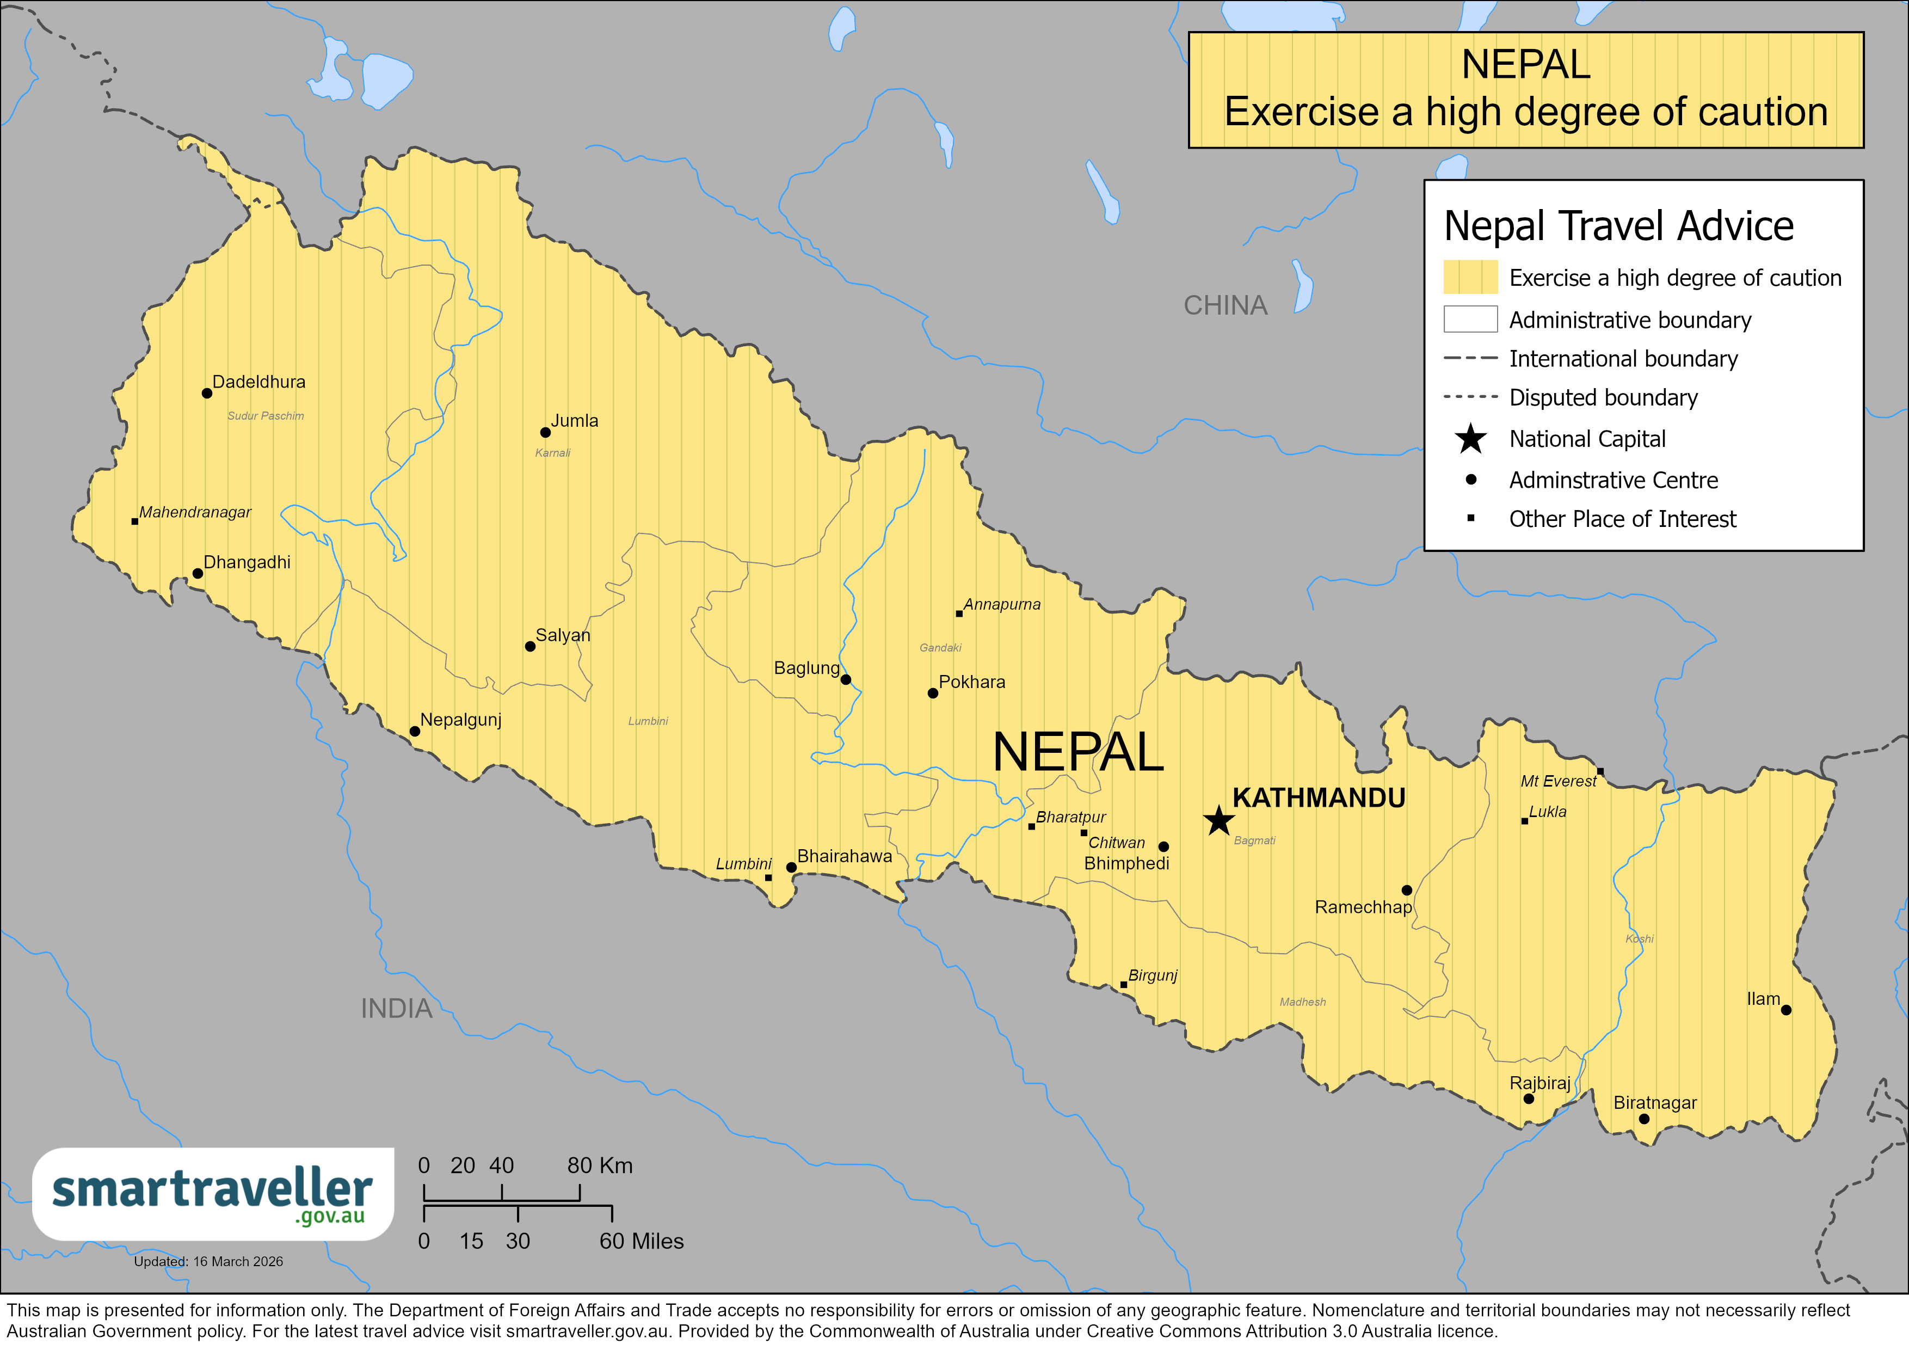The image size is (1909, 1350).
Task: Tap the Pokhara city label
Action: point(971,682)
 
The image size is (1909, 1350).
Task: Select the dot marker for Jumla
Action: point(545,433)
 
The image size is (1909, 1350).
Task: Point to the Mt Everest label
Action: point(1557,781)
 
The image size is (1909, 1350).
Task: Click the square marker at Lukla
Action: point(1524,821)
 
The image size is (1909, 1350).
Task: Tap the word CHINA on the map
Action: point(1225,305)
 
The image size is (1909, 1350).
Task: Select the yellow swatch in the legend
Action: point(1469,277)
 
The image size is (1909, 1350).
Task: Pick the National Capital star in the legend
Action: point(1470,438)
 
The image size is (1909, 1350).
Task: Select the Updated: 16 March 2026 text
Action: point(208,1261)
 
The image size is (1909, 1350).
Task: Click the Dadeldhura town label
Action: point(258,382)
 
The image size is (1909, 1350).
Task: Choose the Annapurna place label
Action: point(1001,605)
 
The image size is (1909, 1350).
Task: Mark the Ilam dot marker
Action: point(1786,1010)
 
